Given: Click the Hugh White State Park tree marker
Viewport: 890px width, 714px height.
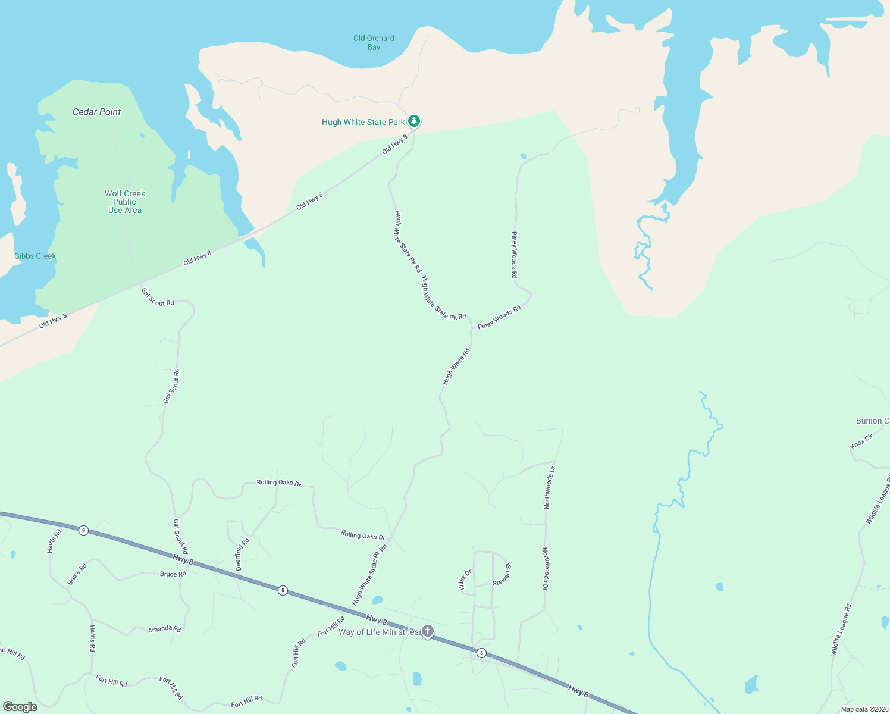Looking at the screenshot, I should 414,121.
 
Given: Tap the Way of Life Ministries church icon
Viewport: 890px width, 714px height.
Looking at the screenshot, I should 427,631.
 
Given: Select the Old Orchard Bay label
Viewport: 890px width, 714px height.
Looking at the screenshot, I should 374,42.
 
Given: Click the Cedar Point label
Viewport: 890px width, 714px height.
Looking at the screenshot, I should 96,112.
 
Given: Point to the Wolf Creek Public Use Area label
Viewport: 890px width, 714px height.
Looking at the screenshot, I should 125,202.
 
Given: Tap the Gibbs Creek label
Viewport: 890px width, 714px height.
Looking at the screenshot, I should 35,256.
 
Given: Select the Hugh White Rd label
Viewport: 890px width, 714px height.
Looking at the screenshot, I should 456,367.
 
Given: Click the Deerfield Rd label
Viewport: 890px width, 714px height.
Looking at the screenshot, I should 242,555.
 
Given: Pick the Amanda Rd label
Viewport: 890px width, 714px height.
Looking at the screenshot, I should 164,629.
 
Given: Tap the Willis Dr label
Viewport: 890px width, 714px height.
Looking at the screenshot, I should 465,580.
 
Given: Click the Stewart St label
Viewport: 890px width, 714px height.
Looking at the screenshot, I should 502,575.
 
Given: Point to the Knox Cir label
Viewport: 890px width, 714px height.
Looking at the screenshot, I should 861,441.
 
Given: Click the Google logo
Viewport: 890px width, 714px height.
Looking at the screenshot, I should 20,707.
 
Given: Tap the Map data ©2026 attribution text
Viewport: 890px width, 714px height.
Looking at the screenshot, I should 864,709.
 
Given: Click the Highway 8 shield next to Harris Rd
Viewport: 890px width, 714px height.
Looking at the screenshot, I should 84,530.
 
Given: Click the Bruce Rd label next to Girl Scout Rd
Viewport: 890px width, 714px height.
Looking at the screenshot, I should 173,574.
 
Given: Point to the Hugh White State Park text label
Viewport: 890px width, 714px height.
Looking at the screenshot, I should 363,122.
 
